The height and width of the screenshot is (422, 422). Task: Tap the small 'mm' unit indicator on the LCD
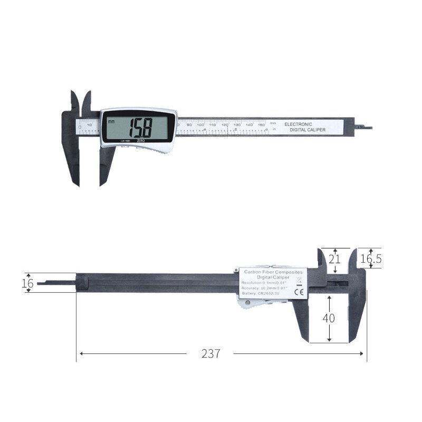point(111,121)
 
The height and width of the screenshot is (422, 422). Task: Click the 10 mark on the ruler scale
point(89,124)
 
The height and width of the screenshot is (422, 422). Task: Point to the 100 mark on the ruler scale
point(200,124)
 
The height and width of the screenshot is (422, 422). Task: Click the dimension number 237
point(210,354)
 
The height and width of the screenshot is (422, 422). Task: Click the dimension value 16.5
point(371,259)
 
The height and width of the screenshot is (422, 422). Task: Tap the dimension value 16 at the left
point(27,283)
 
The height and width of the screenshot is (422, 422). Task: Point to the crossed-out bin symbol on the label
point(298,280)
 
